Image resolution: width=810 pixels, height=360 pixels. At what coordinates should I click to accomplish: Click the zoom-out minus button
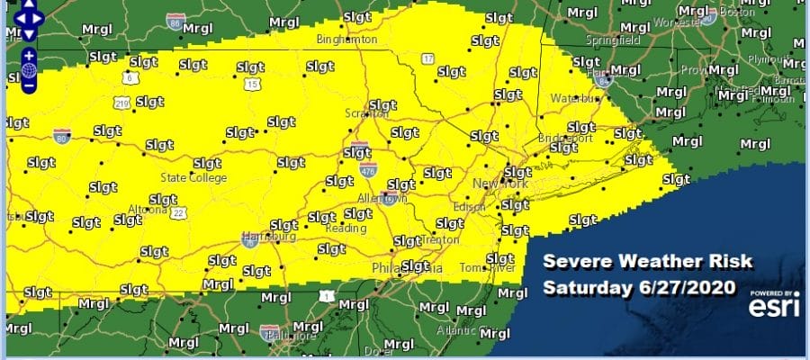coord(30,86)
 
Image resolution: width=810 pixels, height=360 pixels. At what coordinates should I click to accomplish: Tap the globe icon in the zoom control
coord(30,69)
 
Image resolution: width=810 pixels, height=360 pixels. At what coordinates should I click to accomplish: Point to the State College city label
coord(193,177)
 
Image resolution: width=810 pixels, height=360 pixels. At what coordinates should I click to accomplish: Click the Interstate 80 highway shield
coord(60,137)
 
